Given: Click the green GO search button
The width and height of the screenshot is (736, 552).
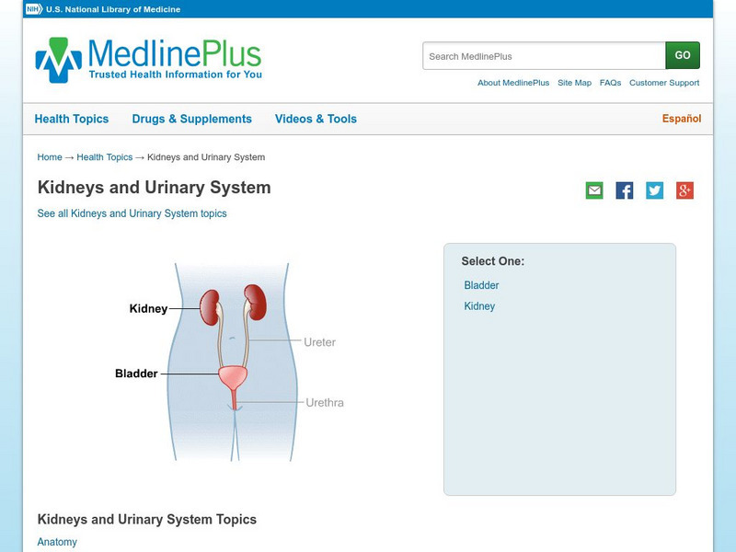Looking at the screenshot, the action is pos(683,55).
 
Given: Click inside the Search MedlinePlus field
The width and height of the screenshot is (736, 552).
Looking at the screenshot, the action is pos(544,56).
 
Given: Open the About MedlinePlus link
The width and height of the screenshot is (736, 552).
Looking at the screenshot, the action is pos(513,83).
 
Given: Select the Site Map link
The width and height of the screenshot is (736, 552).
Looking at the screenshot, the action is pos(574,83).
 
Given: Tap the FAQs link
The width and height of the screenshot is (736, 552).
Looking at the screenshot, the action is pos(610,83).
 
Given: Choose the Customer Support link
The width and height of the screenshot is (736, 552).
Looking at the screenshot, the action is pos(664,83).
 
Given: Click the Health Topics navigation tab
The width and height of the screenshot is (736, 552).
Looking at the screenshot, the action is pos(72,119).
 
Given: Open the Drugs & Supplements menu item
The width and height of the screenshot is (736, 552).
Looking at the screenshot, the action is pos(192,119).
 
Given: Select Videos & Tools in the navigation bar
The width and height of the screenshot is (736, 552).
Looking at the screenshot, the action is pos(316,119).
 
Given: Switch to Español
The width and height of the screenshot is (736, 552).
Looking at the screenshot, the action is pos(682,119).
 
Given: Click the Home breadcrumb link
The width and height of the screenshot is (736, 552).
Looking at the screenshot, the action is pos(50,157).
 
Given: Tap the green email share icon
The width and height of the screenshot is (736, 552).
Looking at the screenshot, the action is pos(594,190).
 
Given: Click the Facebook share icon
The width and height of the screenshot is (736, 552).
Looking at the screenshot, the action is pos(625,190).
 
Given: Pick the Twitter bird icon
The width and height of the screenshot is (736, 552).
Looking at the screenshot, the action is pos(654,190).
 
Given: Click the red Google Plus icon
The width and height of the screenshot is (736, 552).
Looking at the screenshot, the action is pos(684,190).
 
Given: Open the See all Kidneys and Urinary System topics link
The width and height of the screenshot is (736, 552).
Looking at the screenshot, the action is pos(132,213).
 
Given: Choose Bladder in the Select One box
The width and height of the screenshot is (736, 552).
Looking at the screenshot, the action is pos(481,285).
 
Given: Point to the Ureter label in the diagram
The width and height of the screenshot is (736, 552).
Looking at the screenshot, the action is pos(319,342).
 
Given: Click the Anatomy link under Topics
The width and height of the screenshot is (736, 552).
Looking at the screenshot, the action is pos(57,542).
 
